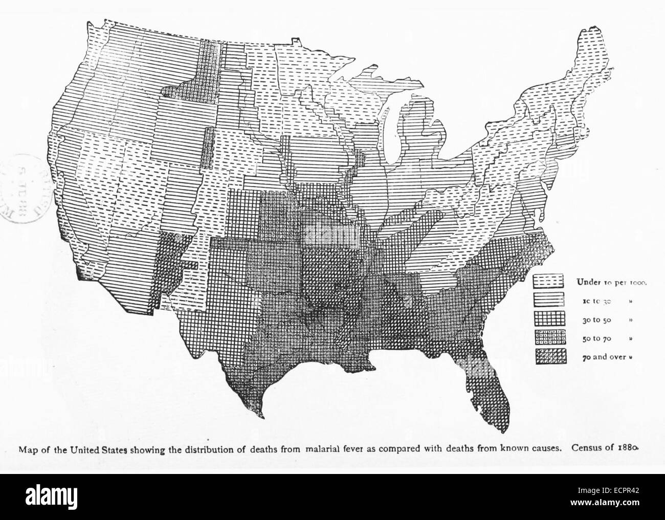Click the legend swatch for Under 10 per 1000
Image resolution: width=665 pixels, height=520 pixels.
[x=548, y=281]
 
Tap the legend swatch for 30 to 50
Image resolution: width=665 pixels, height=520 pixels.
[x=548, y=319]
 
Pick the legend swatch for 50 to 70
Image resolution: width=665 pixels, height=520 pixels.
[x=548, y=337]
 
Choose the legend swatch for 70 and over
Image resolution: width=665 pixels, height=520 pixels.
[x=548, y=356]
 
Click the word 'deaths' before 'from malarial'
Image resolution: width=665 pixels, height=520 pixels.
[x=261, y=450]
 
